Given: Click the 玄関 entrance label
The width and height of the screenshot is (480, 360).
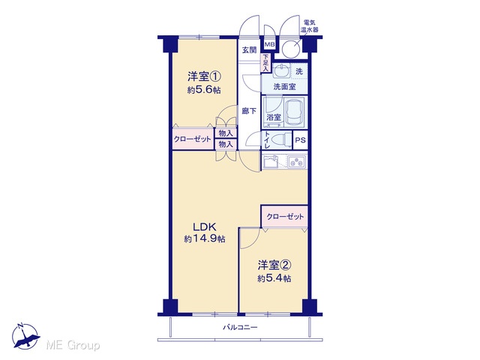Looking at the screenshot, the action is [x=249, y=49].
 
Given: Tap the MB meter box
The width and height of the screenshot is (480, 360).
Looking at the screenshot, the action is [x=269, y=45].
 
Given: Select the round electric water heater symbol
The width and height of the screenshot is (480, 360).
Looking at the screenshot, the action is [x=291, y=49].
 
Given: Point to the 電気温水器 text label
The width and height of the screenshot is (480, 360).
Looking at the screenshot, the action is [x=309, y=26].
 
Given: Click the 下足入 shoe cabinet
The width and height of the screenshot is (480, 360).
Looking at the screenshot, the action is [x=265, y=63].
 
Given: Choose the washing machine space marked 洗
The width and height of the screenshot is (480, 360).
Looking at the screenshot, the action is [x=299, y=71].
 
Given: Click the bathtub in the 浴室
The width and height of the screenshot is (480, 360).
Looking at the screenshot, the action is [x=295, y=112].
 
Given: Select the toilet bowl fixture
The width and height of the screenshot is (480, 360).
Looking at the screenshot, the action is [x=281, y=140].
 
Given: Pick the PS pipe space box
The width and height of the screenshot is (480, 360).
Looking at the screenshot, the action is [x=300, y=140].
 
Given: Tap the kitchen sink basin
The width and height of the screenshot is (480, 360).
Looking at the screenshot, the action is [x=271, y=162].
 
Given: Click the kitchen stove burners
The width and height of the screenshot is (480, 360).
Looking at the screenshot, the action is [x=297, y=161].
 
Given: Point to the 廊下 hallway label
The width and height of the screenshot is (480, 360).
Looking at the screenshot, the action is [x=249, y=111].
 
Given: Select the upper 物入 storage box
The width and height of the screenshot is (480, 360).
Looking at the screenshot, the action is [x=226, y=133].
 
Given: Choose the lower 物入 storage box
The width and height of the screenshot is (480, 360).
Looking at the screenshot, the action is [x=226, y=144].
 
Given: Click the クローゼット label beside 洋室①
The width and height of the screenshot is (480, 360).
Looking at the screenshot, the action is [x=192, y=139].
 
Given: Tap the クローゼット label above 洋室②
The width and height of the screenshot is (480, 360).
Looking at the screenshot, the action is [x=285, y=217].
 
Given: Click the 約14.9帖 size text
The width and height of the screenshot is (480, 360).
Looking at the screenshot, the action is [x=205, y=238].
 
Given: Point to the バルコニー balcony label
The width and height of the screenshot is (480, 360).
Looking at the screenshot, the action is [x=240, y=328].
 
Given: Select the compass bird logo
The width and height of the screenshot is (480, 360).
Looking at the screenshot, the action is [x=25, y=336].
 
